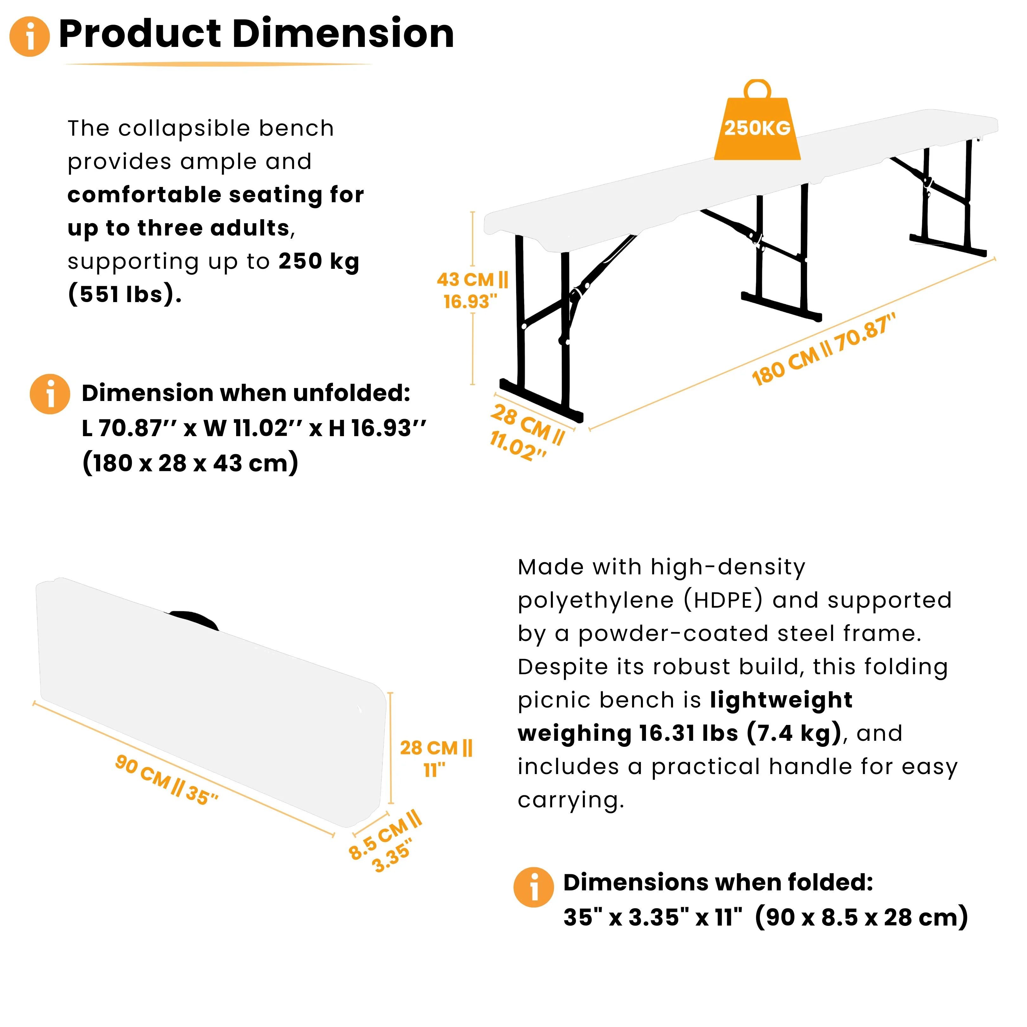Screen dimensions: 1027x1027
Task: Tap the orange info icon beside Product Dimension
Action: [x=30, y=36]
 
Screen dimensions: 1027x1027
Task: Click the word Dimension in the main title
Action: [x=343, y=34]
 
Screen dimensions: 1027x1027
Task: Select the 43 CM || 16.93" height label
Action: [x=472, y=290]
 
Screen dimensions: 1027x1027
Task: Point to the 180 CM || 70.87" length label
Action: [x=824, y=349]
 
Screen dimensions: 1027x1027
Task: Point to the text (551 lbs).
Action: [x=125, y=294]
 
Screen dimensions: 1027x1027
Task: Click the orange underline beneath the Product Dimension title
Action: [x=218, y=64]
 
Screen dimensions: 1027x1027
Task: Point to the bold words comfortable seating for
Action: [x=215, y=195]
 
